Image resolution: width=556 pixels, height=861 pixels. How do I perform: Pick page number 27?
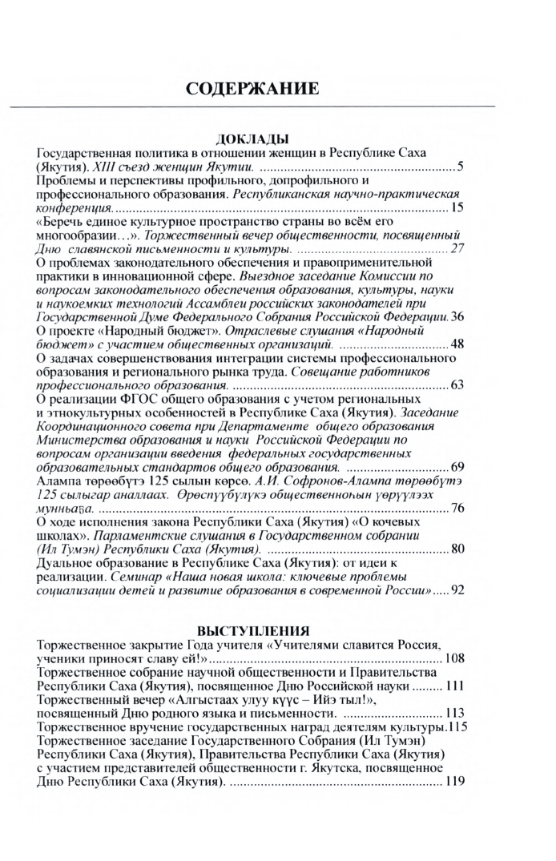457,249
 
